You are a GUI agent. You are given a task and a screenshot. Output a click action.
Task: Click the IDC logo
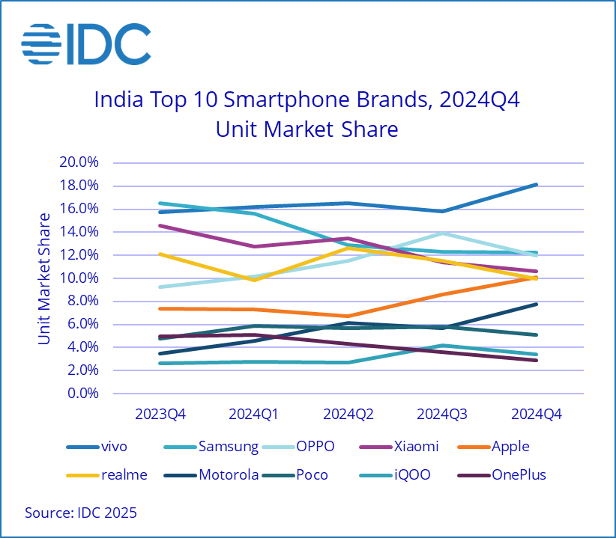pos(85,45)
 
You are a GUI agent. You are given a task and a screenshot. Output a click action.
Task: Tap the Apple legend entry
pos(510,447)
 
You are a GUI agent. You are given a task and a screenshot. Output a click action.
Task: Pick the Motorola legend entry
pos(229,474)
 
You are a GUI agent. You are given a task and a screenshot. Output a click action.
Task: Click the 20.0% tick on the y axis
pos(79,162)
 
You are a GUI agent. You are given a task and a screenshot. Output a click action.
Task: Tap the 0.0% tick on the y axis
pos(82,394)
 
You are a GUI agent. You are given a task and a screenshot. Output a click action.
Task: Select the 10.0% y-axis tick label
pos(79,278)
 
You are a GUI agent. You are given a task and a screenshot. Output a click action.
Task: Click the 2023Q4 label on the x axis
pos(160,414)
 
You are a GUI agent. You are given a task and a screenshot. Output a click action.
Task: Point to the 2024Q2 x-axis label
pos(348,414)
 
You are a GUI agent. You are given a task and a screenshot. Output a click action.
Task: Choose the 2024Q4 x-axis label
pos(536,414)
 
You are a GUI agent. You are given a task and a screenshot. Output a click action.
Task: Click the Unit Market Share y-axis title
pos(45,278)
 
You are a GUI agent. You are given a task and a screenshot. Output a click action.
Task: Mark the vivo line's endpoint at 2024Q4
pos(536,184)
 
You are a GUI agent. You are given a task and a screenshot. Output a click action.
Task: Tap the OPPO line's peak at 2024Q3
pos(442,233)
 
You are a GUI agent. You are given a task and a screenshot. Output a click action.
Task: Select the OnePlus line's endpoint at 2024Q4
pos(536,360)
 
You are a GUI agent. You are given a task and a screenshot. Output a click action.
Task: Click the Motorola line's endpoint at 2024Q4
pos(536,304)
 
